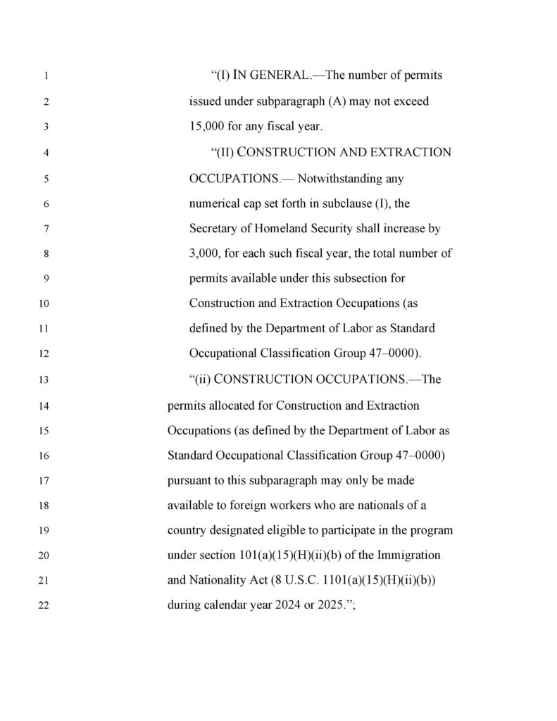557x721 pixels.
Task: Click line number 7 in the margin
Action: (45, 230)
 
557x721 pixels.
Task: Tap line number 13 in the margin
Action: (45, 380)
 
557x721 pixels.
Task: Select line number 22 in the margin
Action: (45, 607)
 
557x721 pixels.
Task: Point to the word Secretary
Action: (213, 229)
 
